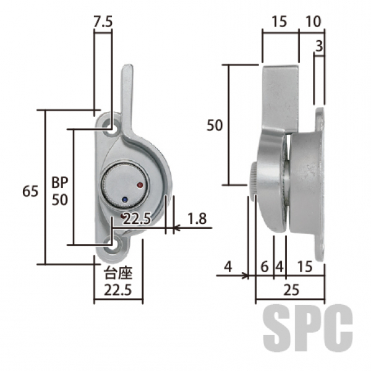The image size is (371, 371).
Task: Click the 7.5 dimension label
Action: click(x=103, y=22)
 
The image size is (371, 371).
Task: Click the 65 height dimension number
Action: click(x=30, y=191)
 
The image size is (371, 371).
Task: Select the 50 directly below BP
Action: click(x=60, y=200)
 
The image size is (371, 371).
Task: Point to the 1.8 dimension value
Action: click(x=197, y=218)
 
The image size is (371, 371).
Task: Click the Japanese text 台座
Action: click(x=118, y=273)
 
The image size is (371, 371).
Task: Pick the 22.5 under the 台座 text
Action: click(x=118, y=290)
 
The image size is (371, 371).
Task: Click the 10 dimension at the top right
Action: click(x=313, y=22)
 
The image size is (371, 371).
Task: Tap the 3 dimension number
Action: click(x=319, y=46)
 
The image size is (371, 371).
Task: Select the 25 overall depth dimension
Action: click(x=291, y=290)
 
